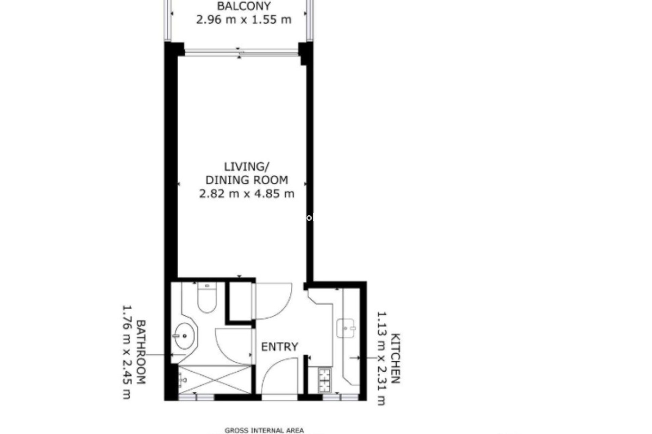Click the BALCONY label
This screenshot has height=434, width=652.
244,6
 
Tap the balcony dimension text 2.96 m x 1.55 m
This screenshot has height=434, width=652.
244,20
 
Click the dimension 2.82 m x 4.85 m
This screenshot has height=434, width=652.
247,194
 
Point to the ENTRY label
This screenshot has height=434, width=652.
279,347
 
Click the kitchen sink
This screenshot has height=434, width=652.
346,328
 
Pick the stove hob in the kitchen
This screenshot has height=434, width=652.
324,379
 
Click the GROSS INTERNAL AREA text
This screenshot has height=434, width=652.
264,431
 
